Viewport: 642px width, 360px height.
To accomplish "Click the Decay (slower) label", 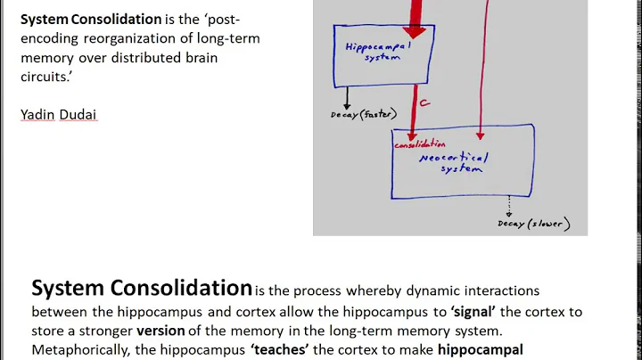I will tap(533, 224).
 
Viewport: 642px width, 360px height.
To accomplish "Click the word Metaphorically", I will tap(82, 350).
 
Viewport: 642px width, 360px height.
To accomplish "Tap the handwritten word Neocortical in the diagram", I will tap(451, 157).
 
